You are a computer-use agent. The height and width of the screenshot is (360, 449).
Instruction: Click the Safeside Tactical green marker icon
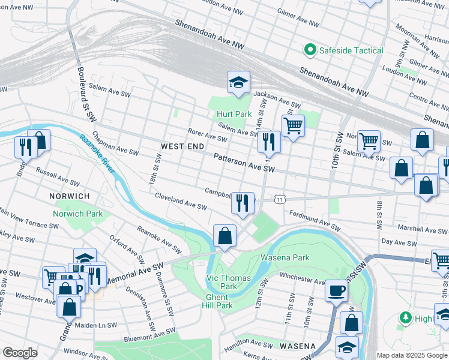(310, 50)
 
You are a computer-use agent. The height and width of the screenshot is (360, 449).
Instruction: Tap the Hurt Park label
(234, 114)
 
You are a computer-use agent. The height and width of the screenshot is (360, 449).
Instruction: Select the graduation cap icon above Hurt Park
(238, 83)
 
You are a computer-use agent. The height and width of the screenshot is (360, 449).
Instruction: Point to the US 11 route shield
(280, 199)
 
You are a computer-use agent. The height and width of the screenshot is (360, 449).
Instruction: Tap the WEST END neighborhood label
(182, 146)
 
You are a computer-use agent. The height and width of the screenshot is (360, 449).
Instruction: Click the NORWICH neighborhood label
(70, 196)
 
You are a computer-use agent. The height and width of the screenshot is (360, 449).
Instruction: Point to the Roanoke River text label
(97, 154)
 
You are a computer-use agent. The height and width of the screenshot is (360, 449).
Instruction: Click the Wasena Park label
(285, 257)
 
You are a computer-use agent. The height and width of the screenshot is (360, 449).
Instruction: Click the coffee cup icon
(336, 290)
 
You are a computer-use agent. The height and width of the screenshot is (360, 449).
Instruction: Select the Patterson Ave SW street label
(244, 163)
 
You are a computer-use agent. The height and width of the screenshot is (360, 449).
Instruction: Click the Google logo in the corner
(19, 353)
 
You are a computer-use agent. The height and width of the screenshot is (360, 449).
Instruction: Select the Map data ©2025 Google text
(412, 355)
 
